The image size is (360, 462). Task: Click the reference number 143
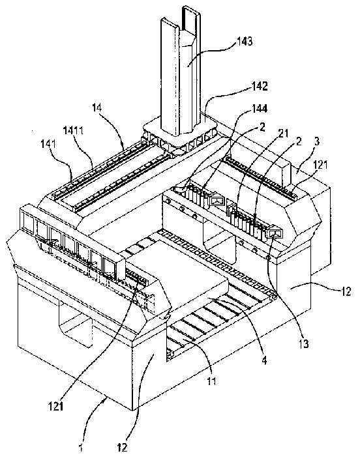click(244, 41)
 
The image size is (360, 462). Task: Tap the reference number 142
click(259, 86)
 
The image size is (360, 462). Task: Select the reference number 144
click(259, 109)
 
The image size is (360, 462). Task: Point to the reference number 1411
click(74, 130)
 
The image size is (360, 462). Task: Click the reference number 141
click(49, 144)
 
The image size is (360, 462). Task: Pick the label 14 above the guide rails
click(97, 108)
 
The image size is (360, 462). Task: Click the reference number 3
click(317, 141)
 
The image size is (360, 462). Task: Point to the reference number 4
click(264, 360)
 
